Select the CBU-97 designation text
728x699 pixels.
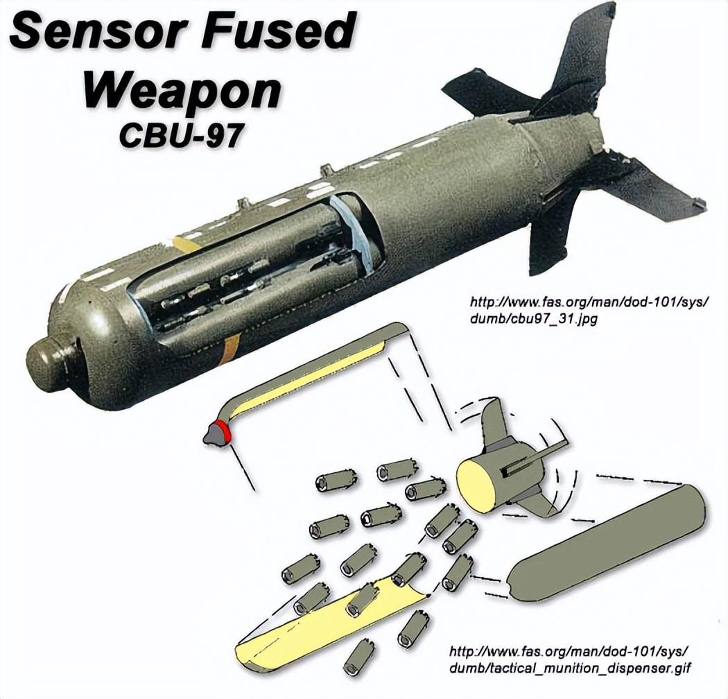coord(181,135)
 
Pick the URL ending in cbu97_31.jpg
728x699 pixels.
coord(589,311)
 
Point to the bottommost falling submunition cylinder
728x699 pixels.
coord(358,657)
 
